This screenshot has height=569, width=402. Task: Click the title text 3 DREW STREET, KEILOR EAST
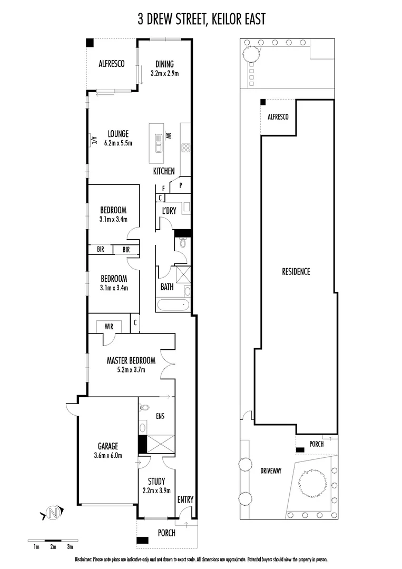pyautogui.click(x=201, y=19)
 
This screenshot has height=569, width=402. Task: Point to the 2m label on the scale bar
pyautogui.click(x=53, y=547)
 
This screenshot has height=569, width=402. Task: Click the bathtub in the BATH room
pyautogui.click(x=173, y=305)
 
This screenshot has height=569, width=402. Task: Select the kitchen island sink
pyautogui.click(x=159, y=141)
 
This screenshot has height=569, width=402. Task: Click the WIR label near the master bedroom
pyautogui.click(x=109, y=327)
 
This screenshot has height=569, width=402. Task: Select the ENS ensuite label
pyautogui.click(x=160, y=416)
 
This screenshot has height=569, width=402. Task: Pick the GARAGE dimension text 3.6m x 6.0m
pyautogui.click(x=107, y=455)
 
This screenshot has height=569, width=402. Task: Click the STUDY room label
pyautogui.click(x=156, y=481)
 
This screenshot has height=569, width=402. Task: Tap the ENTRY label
pyautogui.click(x=185, y=499)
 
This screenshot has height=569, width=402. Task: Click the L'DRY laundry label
pyautogui.click(x=169, y=211)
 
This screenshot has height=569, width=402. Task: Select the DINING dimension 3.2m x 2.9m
pyautogui.click(x=164, y=74)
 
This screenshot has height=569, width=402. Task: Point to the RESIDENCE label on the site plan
pyautogui.click(x=296, y=272)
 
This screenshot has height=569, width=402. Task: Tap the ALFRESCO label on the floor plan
pyautogui.click(x=111, y=64)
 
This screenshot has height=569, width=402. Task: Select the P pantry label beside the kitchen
pyautogui.click(x=180, y=185)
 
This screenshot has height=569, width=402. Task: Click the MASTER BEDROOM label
pyautogui.click(x=131, y=361)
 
